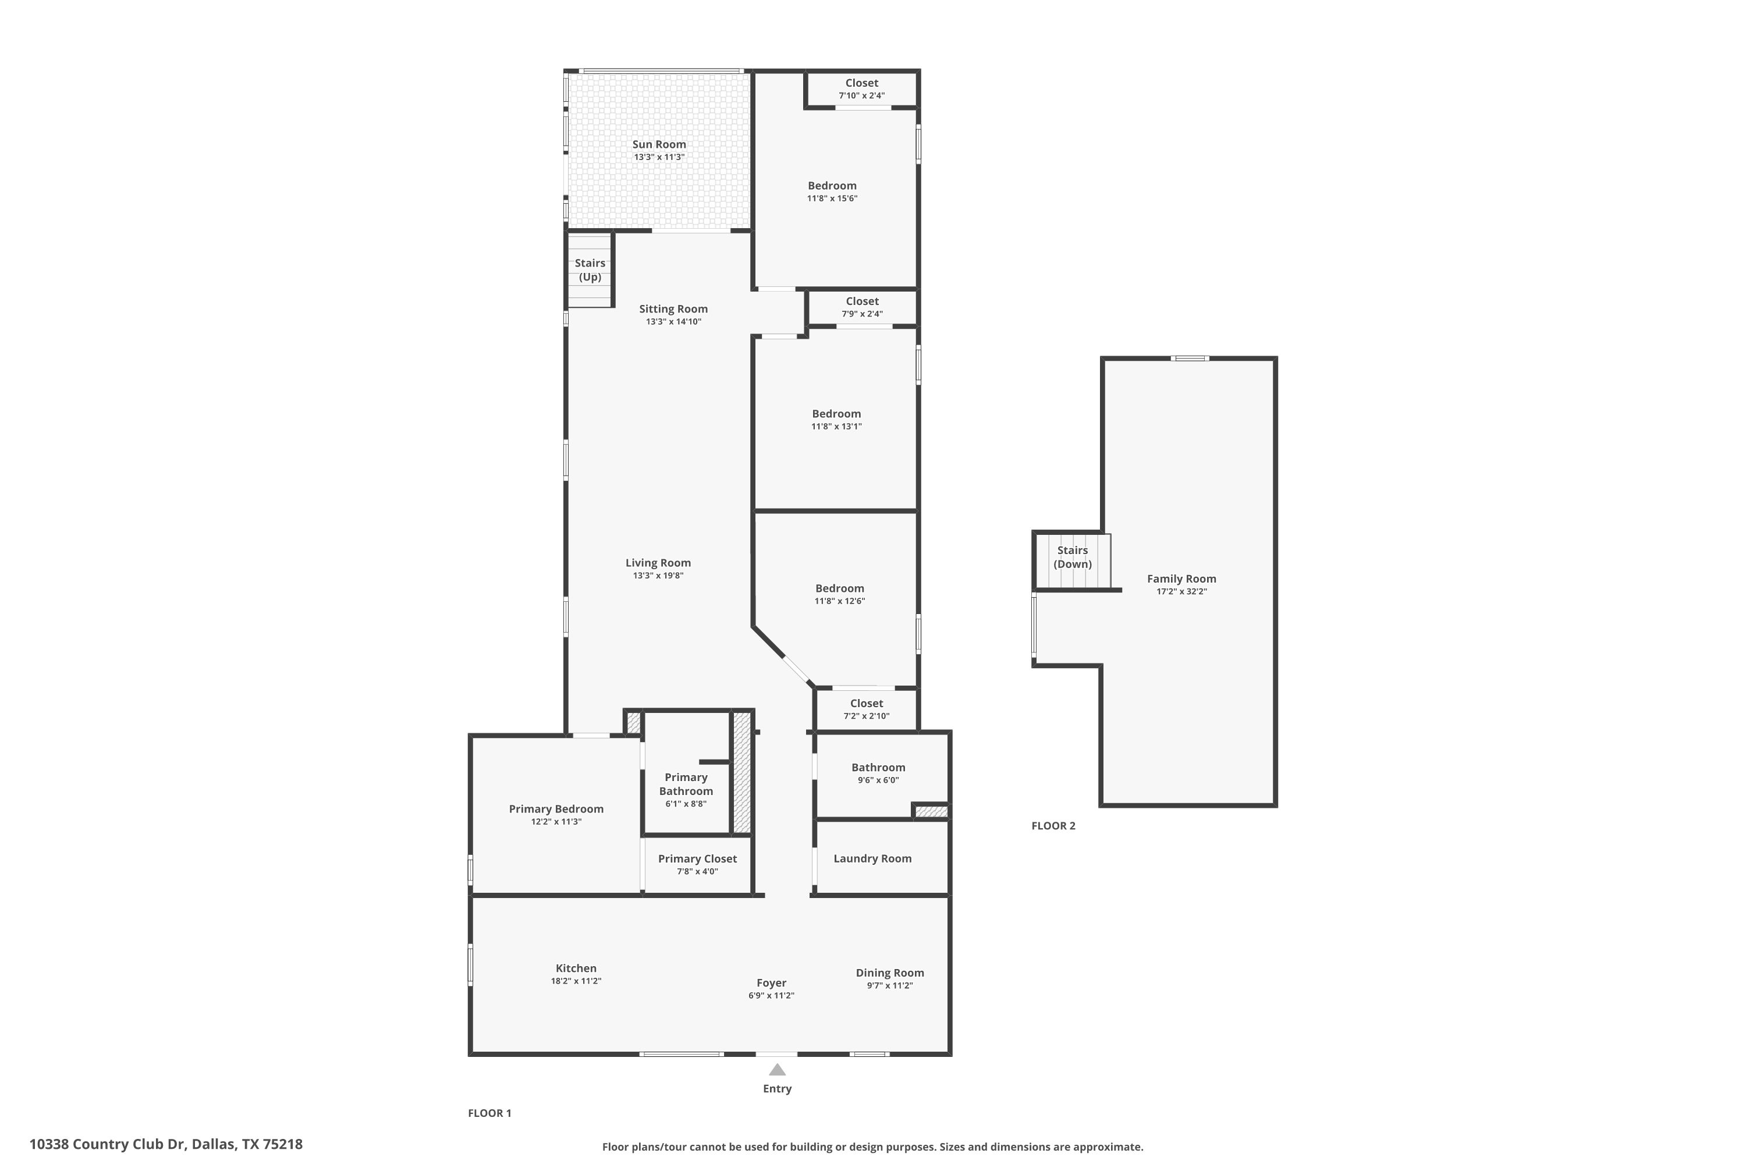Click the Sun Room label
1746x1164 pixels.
(658, 144)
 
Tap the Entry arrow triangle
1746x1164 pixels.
(776, 1070)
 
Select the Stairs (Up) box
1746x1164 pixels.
(590, 269)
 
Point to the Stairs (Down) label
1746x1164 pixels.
(1072, 557)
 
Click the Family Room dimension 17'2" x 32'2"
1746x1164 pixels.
(1181, 592)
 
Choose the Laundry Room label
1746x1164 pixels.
(872, 858)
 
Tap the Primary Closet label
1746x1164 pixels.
(697, 858)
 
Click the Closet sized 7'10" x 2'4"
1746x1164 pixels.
(861, 88)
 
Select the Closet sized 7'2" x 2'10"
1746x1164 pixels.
(867, 709)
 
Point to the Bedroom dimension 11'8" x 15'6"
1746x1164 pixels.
(832, 198)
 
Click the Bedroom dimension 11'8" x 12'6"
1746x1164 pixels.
(840, 601)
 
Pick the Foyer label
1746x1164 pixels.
(771, 982)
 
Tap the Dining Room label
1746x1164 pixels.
(889, 973)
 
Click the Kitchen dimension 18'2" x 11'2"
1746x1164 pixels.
(576, 981)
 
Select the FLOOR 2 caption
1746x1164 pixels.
(1053, 825)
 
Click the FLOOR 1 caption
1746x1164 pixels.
(489, 1113)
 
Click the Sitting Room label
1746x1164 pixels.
(673, 309)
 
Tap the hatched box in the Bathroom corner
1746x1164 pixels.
(931, 812)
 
